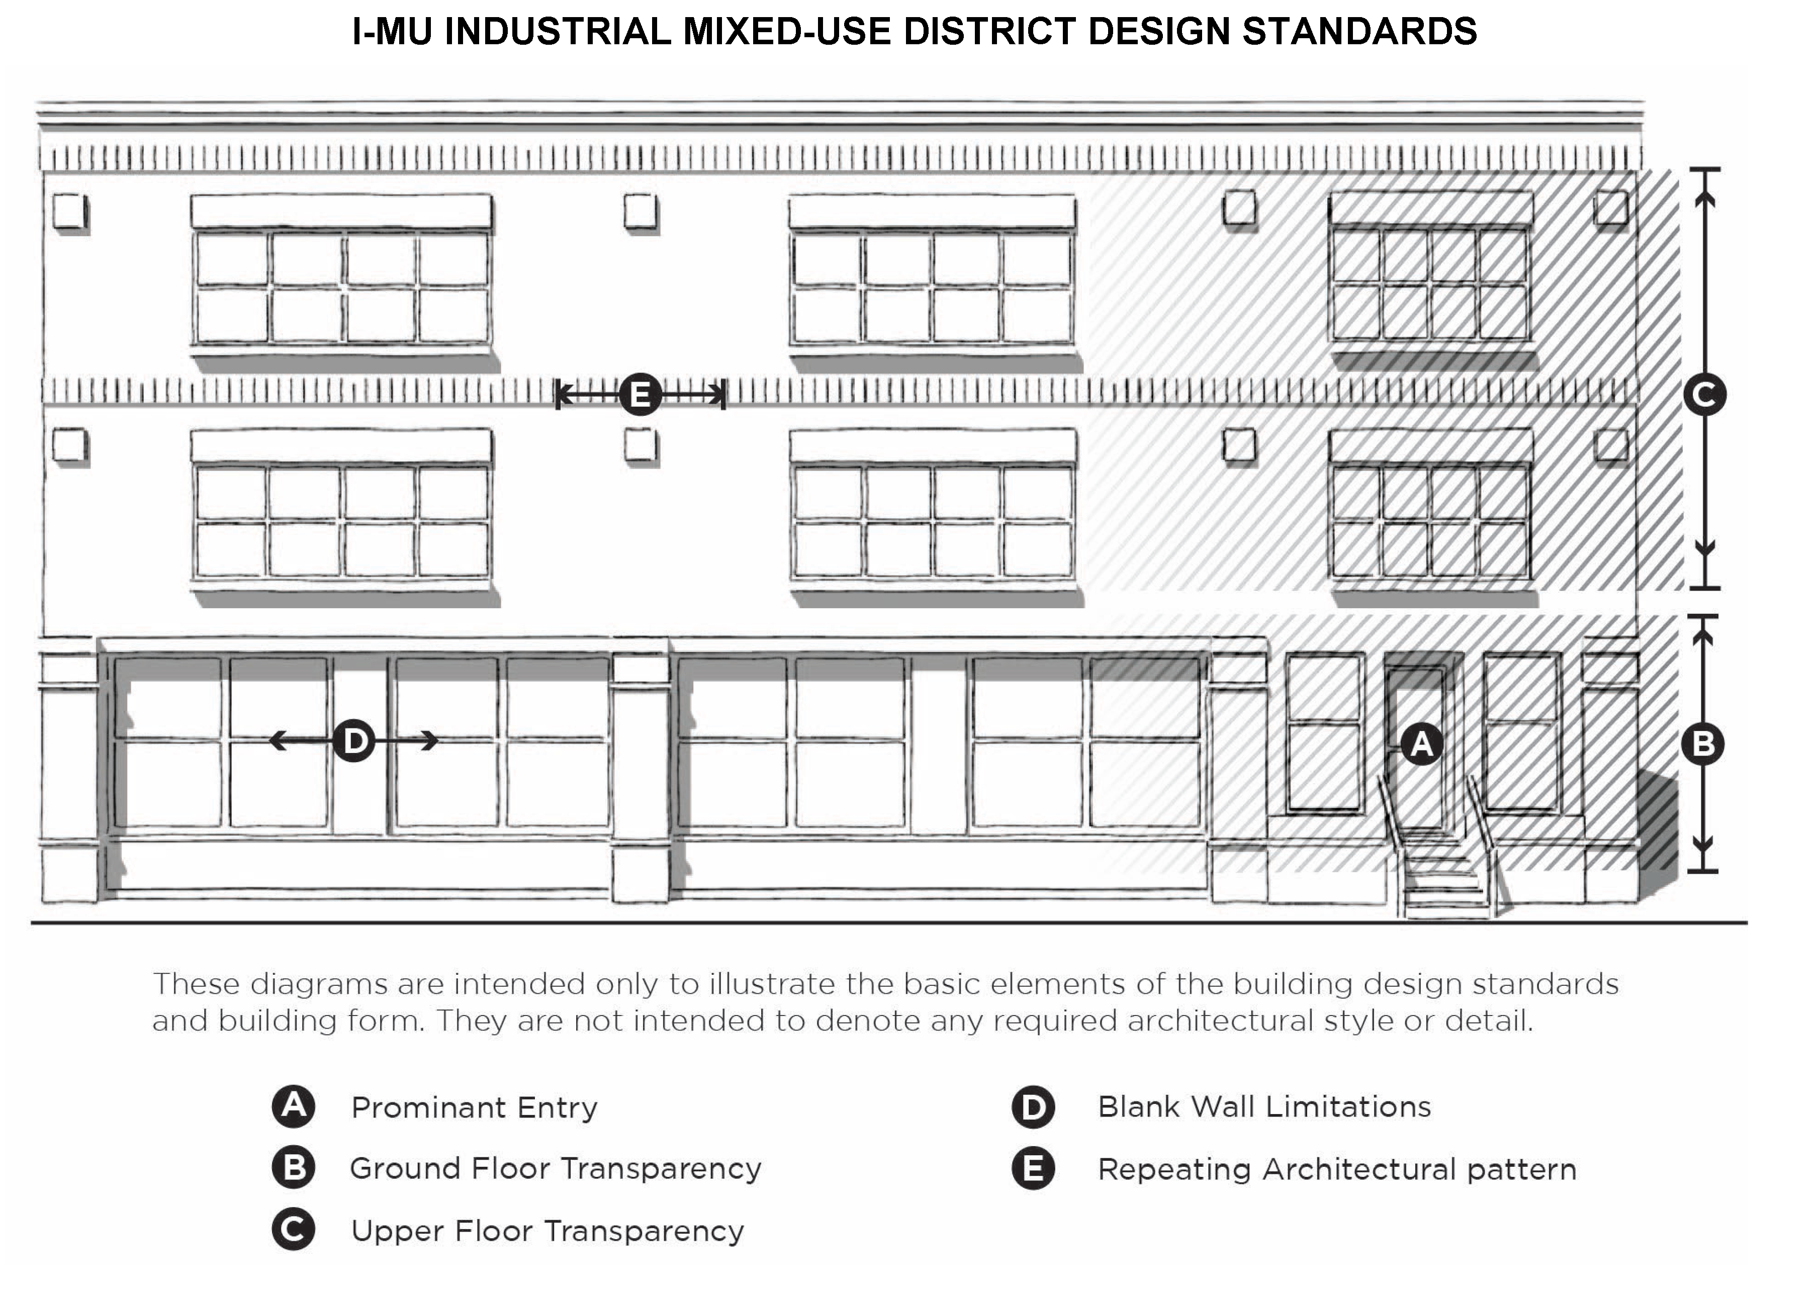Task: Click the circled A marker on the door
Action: [1421, 745]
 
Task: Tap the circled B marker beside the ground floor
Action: [1702, 745]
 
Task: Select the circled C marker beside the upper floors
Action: [1704, 394]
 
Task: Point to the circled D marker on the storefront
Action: [353, 742]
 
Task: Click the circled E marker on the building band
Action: [640, 394]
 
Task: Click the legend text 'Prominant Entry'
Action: [474, 1107]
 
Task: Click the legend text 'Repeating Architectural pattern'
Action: [1337, 1169]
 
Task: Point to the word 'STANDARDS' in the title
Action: [1359, 32]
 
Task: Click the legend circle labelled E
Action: [1033, 1169]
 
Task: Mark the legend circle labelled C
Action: [293, 1230]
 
